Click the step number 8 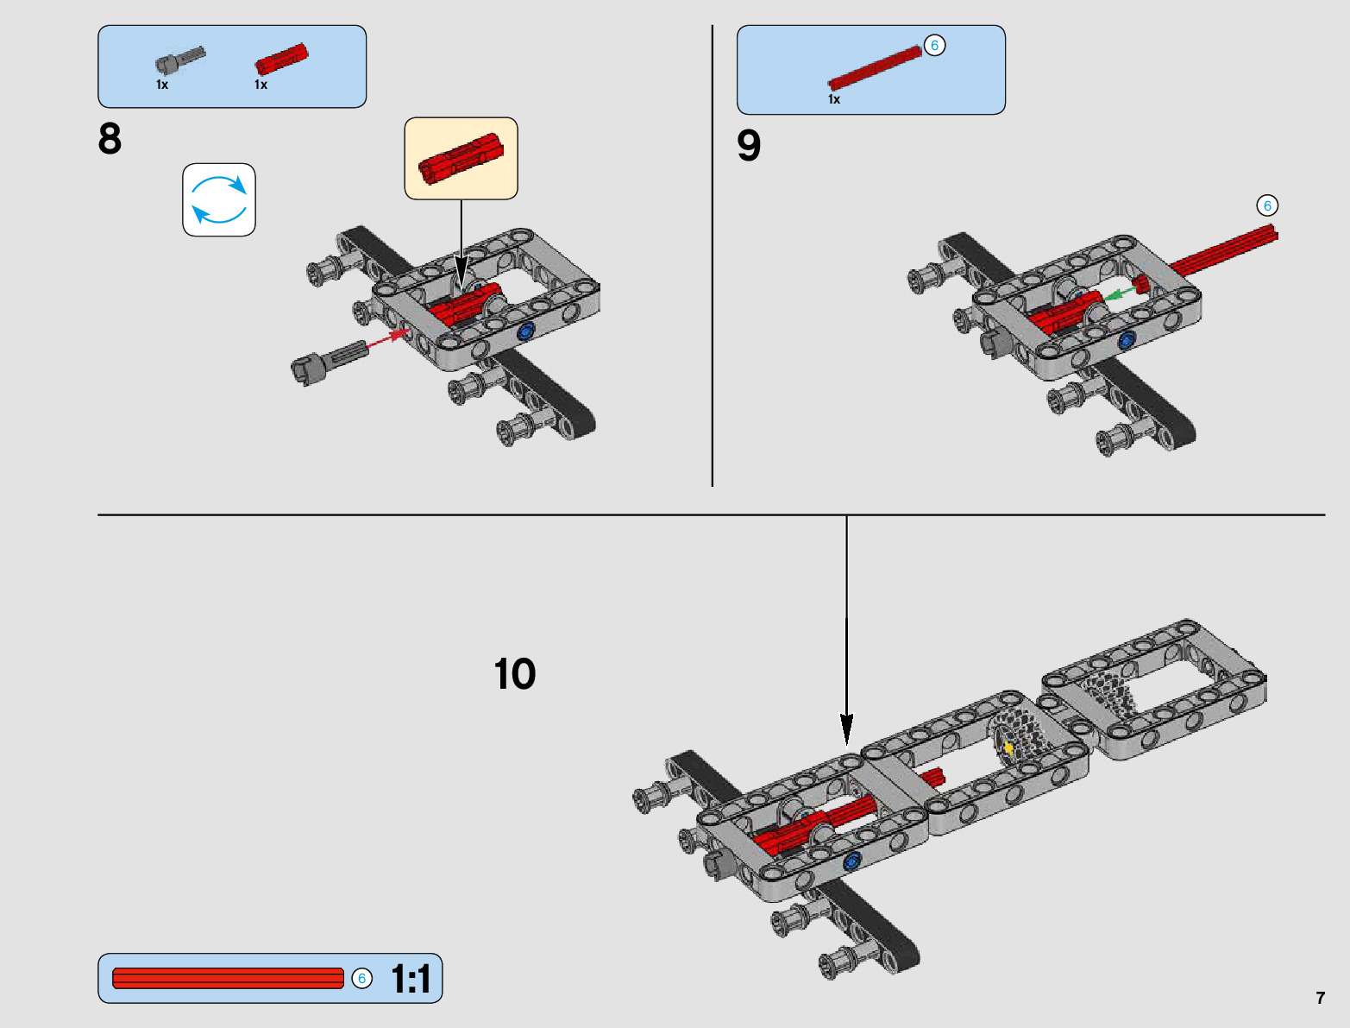tap(110, 139)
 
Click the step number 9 tap(749, 145)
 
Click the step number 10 tap(515, 674)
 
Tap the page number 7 tap(1320, 998)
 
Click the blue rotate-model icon tap(219, 199)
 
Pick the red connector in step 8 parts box tap(281, 60)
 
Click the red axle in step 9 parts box tap(874, 69)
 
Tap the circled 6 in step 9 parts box tap(934, 46)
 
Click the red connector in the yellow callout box tap(460, 158)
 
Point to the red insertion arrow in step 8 tap(386, 338)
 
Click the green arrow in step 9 tap(1119, 294)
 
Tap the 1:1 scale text tap(411, 979)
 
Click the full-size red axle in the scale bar tap(228, 978)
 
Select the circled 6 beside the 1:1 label tap(362, 978)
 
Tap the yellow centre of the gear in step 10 tap(1008, 747)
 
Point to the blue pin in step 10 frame tap(853, 860)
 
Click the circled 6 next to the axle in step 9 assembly tap(1267, 205)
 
